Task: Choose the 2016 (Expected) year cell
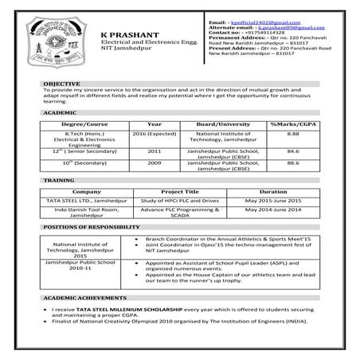(155, 135)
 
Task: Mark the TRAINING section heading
(59, 181)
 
